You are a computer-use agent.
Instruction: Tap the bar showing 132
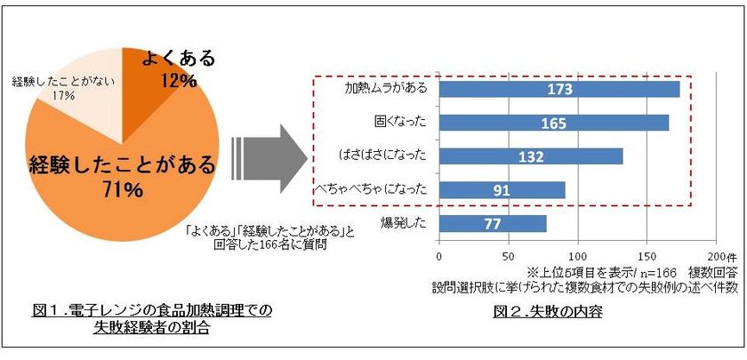(x=531, y=156)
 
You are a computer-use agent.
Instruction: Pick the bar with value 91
(x=502, y=190)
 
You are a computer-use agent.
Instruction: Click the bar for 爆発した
(x=493, y=223)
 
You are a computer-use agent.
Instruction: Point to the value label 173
(x=559, y=89)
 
